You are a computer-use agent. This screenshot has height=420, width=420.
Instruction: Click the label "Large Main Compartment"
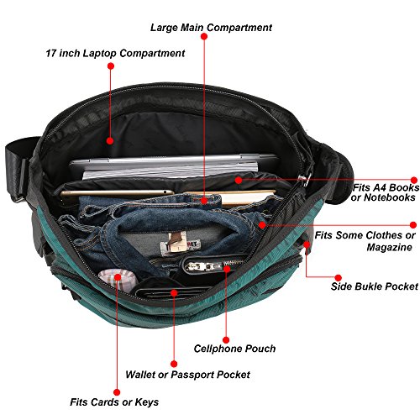click(x=211, y=28)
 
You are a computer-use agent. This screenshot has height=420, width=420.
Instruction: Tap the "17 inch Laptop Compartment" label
click(x=115, y=53)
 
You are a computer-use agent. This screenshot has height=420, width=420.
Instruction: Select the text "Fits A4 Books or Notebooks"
click(x=386, y=192)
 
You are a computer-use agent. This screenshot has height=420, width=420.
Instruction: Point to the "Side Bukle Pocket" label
click(x=375, y=286)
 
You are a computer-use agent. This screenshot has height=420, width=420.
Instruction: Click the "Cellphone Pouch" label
click(x=234, y=349)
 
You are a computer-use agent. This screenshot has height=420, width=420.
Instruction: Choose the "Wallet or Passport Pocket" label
click(x=187, y=375)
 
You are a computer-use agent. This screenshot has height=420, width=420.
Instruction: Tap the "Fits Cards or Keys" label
click(x=114, y=402)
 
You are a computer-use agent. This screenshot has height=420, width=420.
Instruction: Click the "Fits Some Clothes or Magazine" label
click(x=365, y=241)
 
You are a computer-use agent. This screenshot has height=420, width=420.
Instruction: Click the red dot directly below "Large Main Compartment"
click(x=204, y=36)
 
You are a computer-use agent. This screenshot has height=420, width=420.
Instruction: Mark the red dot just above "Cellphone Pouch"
click(x=226, y=340)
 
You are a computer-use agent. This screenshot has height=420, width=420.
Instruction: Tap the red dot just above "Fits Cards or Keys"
click(x=117, y=392)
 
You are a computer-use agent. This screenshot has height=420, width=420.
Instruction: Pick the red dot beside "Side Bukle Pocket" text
click(x=339, y=278)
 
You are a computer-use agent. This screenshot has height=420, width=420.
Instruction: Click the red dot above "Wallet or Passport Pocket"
click(x=174, y=364)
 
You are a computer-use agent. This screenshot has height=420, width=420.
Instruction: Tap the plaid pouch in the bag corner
click(x=118, y=281)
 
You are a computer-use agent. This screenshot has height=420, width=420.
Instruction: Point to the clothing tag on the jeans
click(x=180, y=244)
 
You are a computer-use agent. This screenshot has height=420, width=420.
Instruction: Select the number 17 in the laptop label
click(x=51, y=53)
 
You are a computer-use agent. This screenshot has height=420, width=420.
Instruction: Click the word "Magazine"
click(x=389, y=247)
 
